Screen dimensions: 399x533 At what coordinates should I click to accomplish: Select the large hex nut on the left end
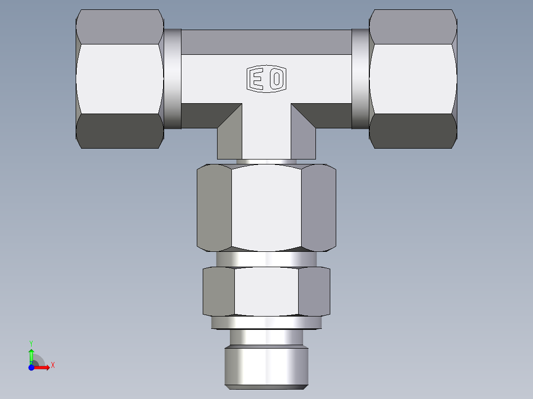(120, 79)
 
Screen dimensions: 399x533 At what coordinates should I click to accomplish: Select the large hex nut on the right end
(413, 79)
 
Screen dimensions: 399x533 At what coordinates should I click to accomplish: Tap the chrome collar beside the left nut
(172, 79)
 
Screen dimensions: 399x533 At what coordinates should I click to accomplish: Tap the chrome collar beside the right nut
(360, 79)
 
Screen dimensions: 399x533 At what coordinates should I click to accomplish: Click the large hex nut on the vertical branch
(266, 207)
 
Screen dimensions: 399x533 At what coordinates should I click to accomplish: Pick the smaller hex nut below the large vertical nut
(266, 291)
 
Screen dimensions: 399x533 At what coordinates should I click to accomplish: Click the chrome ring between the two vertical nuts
(266, 259)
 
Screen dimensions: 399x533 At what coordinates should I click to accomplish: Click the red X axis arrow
(44, 367)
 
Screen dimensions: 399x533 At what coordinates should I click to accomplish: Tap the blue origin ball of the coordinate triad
(31, 367)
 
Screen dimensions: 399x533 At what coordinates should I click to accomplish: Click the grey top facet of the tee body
(266, 42)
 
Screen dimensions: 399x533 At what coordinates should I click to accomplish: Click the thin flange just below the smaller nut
(266, 322)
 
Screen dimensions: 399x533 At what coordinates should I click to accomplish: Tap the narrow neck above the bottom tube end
(266, 337)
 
